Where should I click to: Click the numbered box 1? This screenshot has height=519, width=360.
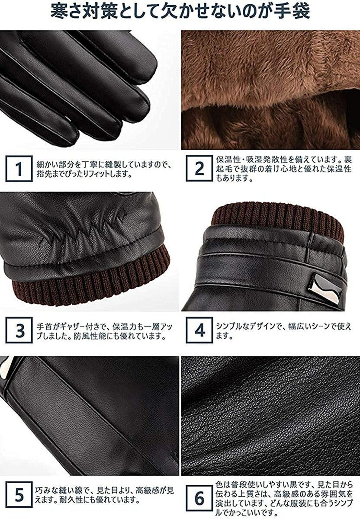[19, 169]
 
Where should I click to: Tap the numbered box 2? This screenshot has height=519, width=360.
[199, 168]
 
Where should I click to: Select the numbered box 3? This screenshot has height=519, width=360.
[19, 330]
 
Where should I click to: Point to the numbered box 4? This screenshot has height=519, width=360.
[199, 330]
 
